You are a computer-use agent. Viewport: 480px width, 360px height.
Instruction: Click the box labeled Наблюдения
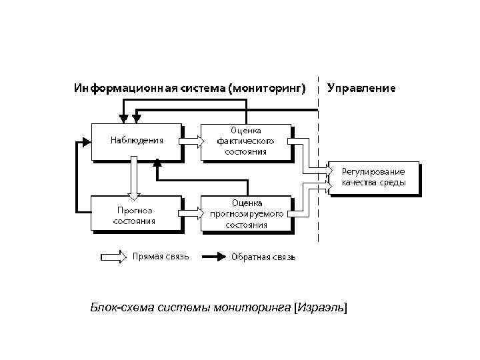(136, 141)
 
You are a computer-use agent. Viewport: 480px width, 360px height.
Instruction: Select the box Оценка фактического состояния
(245, 141)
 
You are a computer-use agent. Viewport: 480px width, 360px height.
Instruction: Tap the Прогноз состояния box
(136, 213)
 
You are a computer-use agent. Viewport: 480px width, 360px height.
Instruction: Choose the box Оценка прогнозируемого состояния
(245, 213)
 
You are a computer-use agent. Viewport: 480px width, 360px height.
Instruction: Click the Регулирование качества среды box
(373, 177)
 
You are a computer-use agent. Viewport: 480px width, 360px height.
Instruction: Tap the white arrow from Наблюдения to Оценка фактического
(192, 141)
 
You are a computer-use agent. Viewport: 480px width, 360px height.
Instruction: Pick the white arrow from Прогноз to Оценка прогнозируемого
(192, 213)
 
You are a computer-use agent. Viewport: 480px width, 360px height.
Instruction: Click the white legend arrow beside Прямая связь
(113, 257)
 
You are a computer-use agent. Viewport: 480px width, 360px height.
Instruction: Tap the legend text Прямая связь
(161, 256)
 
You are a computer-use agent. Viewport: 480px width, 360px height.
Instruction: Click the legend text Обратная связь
(263, 257)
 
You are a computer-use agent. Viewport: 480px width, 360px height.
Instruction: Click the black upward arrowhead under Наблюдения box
(157, 163)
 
